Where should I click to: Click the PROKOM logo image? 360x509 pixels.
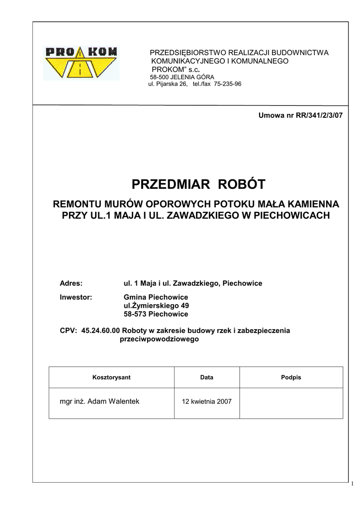[x=81, y=63]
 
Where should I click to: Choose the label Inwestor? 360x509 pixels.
[x=76, y=297]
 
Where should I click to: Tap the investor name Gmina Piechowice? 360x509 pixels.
[x=156, y=297]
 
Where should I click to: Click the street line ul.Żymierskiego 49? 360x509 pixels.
[x=156, y=306]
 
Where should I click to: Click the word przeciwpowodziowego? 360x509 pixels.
[x=159, y=339]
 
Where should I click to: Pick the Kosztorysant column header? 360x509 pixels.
[x=111, y=377]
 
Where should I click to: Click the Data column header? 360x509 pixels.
[x=207, y=377]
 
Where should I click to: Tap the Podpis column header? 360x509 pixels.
[x=291, y=377]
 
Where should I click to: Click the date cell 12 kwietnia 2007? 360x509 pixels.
[x=207, y=402]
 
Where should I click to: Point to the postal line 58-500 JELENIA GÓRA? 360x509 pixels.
[x=182, y=78]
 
